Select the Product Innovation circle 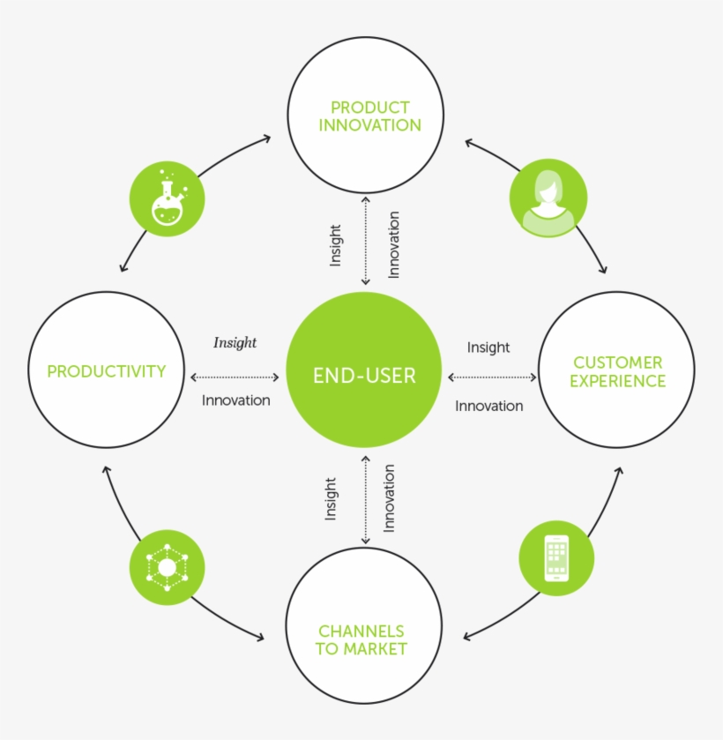(x=365, y=116)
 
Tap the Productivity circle (x=107, y=370)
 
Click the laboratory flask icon (x=167, y=198)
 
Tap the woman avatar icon (x=548, y=198)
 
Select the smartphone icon (x=555, y=557)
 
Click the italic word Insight (x=235, y=342)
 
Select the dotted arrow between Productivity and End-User (x=234, y=377)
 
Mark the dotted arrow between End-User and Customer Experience (x=492, y=377)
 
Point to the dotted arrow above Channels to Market (x=365, y=500)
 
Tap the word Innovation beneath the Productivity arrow (x=235, y=400)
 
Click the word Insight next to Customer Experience (x=488, y=348)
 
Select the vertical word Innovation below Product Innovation (x=393, y=244)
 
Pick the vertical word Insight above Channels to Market (x=331, y=499)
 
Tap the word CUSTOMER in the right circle (x=617, y=363)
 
